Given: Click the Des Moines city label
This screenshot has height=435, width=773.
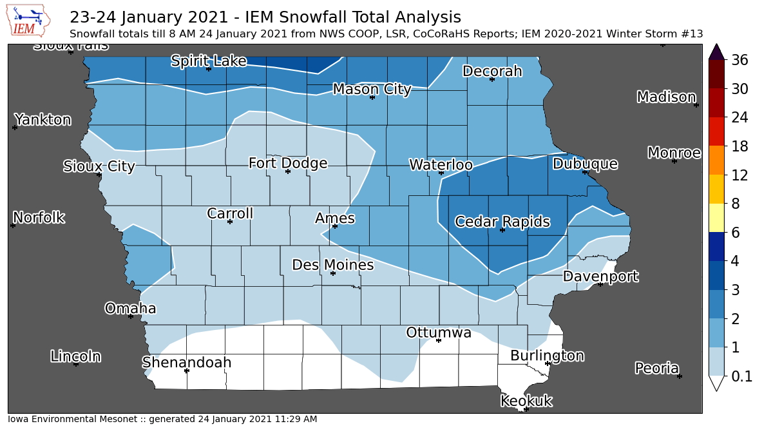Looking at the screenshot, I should click(332, 265).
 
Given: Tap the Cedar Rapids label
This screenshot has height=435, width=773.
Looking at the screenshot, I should click(502, 222).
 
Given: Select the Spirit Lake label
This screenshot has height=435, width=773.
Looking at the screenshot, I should click(208, 61).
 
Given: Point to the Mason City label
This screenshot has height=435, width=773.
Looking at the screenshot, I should click(372, 89).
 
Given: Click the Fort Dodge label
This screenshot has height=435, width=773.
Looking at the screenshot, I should click(288, 163).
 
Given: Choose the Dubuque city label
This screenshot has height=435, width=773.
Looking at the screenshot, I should click(585, 164).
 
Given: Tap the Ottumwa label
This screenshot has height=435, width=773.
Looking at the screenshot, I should click(438, 333).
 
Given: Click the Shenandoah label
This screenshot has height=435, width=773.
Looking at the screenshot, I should click(186, 362).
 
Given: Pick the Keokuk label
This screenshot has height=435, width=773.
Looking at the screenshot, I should click(526, 401).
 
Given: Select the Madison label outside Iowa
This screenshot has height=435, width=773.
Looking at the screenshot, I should click(666, 97).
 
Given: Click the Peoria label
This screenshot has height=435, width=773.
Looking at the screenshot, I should click(656, 368).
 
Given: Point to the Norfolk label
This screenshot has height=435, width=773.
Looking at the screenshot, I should click(39, 217).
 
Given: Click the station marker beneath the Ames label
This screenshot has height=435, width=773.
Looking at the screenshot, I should click(335, 226).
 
